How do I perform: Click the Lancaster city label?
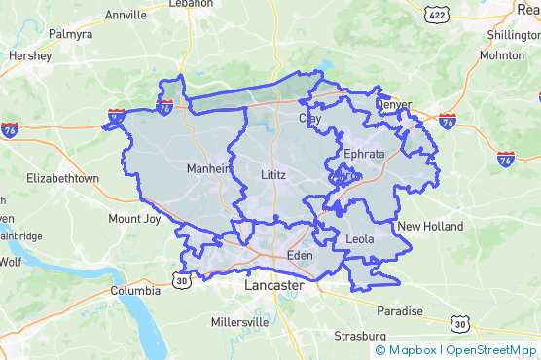click(x=273, y=288)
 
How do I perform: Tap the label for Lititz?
click(x=274, y=174)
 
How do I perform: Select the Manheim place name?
click(x=209, y=168)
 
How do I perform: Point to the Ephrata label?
click(x=364, y=155)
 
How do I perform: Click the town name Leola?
click(x=360, y=237)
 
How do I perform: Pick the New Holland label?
click(x=430, y=227)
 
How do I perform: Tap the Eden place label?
click(x=299, y=256)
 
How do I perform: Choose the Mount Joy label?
click(x=134, y=219)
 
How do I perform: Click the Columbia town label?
click(x=135, y=291)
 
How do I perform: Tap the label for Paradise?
click(x=400, y=312)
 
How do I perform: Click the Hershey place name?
click(x=30, y=56)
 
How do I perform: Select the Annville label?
click(x=126, y=16)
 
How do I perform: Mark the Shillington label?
click(x=512, y=35)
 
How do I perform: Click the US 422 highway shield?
click(x=435, y=14)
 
